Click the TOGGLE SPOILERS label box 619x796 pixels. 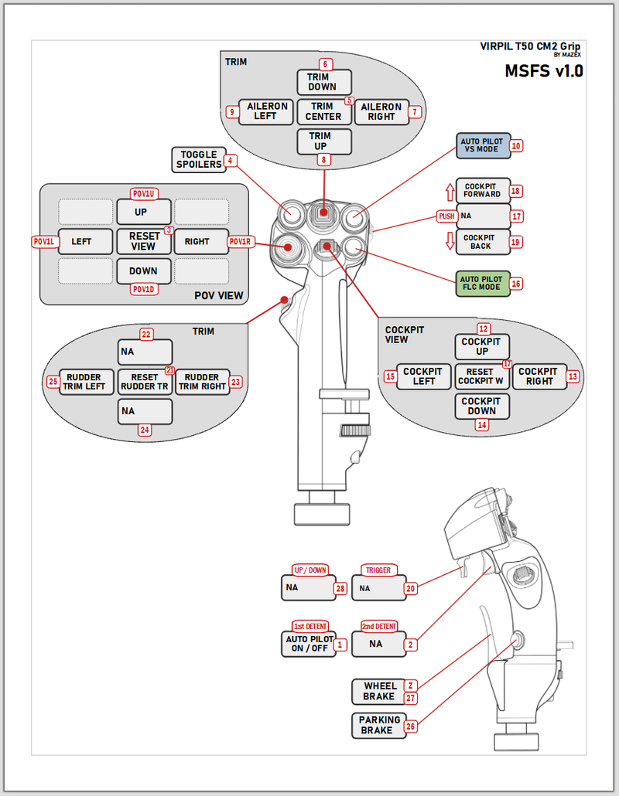(198, 160)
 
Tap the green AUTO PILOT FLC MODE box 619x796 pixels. (481, 284)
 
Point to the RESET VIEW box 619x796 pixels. (144, 241)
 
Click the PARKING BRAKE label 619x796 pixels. (379, 726)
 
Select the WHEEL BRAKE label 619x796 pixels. (379, 691)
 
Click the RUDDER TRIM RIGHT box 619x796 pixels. (203, 382)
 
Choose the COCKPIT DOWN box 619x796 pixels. (481, 407)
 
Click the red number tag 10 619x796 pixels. (516, 145)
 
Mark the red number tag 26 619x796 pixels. (410, 726)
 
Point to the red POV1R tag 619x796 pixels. (241, 242)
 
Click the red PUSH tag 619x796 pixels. (446, 216)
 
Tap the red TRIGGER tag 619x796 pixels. (379, 570)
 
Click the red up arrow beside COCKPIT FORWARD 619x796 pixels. (448, 190)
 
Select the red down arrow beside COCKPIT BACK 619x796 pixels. (448, 242)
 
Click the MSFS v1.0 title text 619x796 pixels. (544, 72)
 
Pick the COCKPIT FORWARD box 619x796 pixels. (483, 190)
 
